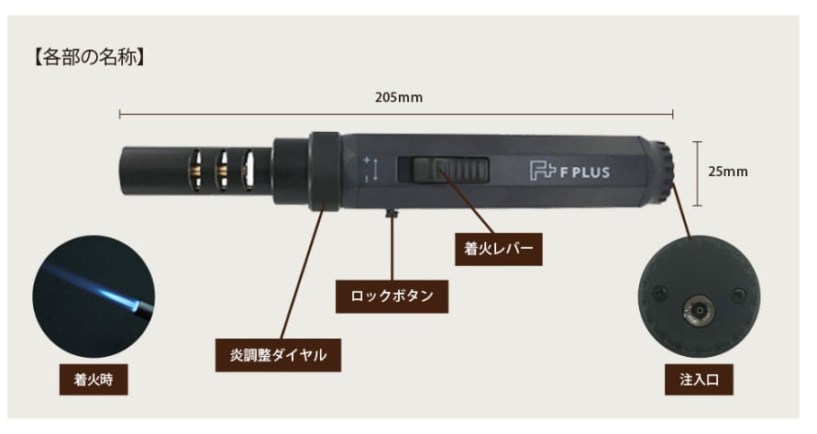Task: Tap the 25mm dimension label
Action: pyautogui.click(x=730, y=171)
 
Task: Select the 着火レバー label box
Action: pyautogui.click(x=498, y=247)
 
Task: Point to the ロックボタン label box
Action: pyautogui.click(x=392, y=296)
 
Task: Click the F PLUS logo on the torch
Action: pyautogui.click(x=569, y=170)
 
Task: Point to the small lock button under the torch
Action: pyautogui.click(x=392, y=213)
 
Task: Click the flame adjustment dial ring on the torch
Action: pyautogui.click(x=323, y=170)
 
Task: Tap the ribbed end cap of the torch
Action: pyautogui.click(x=662, y=170)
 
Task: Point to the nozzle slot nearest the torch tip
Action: pyautogui.click(x=194, y=170)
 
